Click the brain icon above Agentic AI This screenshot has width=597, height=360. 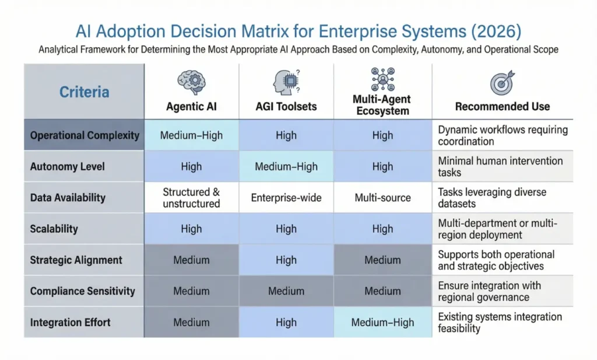point(191,82)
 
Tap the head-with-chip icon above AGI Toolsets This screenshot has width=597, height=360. point(285,82)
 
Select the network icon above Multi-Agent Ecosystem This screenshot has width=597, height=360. point(382,79)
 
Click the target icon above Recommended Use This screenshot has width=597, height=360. point(502,83)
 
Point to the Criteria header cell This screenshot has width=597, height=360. point(84,92)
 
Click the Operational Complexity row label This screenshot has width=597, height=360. point(85,135)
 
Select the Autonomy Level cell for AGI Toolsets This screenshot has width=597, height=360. point(286,166)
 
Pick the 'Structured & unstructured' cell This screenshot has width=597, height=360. point(191,198)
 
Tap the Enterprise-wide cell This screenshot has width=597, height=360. point(286,198)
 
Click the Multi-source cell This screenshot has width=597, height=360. point(382,198)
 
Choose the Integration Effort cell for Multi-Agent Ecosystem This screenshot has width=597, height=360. point(382,322)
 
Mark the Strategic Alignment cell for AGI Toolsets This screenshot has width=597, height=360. point(286,260)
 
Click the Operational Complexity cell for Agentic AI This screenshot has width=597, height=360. point(191,135)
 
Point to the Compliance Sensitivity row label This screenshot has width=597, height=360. point(82,291)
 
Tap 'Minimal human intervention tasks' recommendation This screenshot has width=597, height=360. point(500,166)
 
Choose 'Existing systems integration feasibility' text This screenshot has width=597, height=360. point(500,322)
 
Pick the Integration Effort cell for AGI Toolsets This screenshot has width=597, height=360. point(286,322)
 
